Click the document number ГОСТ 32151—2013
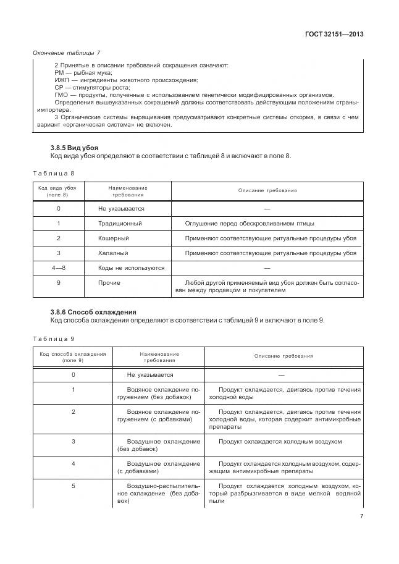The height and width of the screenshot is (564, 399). coord(334,35)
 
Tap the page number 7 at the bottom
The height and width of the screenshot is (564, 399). coord(361,517)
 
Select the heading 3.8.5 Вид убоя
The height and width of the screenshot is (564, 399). coord(73,148)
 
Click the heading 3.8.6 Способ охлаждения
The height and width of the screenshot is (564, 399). coord(93,312)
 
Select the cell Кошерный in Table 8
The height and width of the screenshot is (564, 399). coord(113,238)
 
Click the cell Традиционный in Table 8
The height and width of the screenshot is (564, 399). coord(120,223)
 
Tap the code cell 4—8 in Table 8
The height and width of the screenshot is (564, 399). coord(58,267)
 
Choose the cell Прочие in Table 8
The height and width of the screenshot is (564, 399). coord(109,282)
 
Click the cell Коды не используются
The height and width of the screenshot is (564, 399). coord(132,267)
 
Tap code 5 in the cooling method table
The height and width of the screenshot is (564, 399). coord(73,486)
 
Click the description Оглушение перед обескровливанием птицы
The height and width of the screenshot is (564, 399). coord(254,223)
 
